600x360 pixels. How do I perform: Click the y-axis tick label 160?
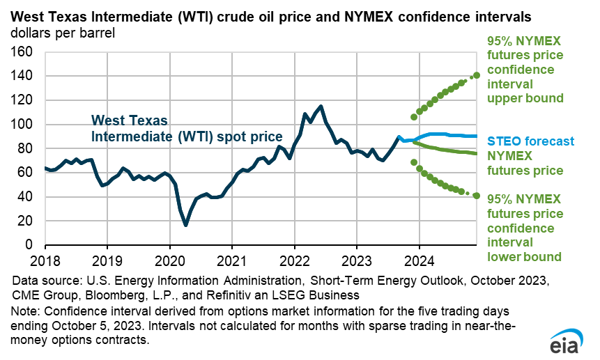click(23, 52)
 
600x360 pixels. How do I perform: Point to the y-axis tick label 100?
click(23, 124)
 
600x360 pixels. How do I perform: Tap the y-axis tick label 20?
click(26, 221)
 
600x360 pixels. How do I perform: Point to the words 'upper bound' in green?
click(524, 98)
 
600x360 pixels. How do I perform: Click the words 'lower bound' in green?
click(524, 256)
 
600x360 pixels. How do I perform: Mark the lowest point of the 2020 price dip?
click(185, 225)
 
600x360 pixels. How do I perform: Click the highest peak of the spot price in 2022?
click(321, 107)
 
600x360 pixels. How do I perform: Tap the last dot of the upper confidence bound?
click(477, 75)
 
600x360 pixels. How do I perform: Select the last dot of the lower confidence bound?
click(477, 196)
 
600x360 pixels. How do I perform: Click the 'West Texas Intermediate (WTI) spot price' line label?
click(186, 127)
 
